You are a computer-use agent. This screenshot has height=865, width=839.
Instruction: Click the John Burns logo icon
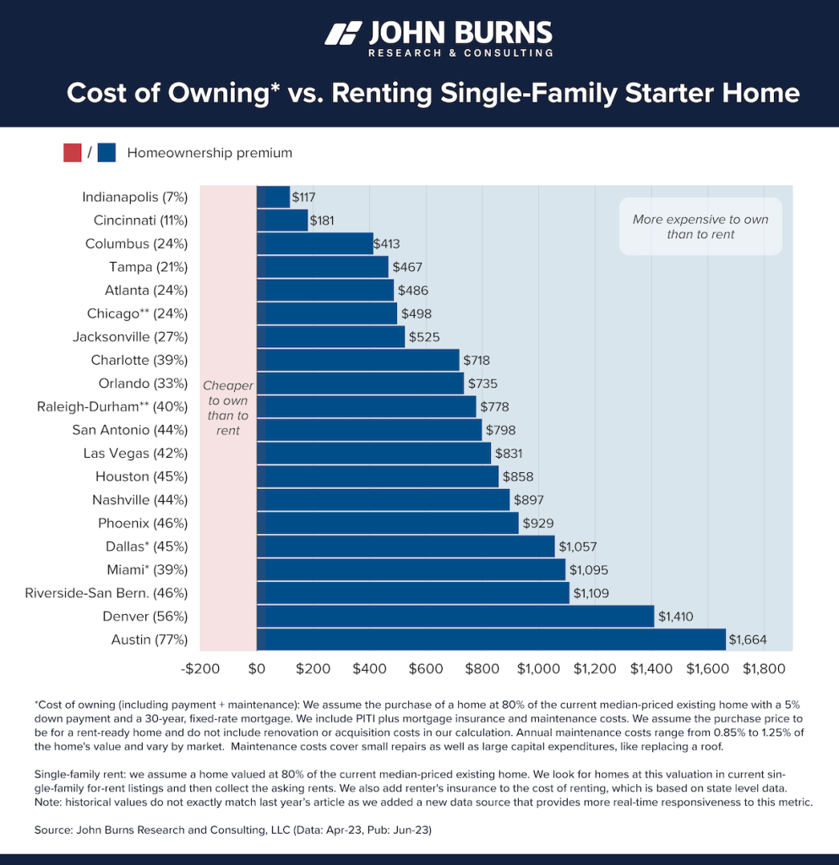pos(342,34)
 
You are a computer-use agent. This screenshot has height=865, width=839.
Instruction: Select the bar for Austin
pos(491,639)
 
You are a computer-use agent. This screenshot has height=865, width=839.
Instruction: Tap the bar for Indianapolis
pos(273,198)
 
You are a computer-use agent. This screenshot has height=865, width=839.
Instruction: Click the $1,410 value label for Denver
pos(675,617)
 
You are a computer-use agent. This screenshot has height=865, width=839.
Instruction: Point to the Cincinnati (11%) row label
pos(140,220)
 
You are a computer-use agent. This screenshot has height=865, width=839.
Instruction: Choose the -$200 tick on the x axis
pos(200,668)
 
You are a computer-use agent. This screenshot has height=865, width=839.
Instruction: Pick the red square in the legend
pos(73,153)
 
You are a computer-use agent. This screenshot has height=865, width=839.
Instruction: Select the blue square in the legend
pos(106,153)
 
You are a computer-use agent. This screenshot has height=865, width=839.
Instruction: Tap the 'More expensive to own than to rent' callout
pos(700,226)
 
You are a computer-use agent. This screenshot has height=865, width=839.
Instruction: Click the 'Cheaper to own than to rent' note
pos(227,408)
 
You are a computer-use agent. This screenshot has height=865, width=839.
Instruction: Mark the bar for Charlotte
pos(357,361)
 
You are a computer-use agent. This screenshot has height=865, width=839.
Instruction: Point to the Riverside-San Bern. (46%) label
pos(106,593)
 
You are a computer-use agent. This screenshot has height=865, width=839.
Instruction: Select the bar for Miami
pos(411,570)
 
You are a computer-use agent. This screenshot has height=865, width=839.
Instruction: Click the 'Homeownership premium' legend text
pos(210,153)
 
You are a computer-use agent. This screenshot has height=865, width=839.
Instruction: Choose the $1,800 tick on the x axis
pos(763,668)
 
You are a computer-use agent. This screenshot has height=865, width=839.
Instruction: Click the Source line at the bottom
pos(233,830)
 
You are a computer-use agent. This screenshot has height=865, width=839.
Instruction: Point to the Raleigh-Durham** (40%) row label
pos(112,407)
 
